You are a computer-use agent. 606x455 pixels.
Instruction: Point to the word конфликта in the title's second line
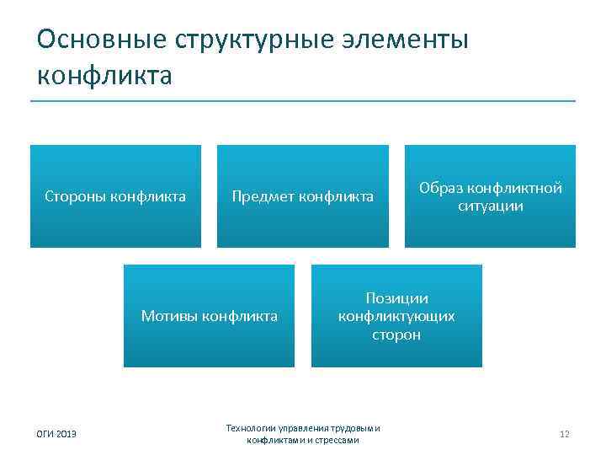104,75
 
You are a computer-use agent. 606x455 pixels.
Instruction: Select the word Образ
439,189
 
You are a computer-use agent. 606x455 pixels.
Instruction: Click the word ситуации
491,206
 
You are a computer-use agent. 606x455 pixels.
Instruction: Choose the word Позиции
396,299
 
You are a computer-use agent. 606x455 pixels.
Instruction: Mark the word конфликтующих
396,317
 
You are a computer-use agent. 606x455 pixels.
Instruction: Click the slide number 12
564,434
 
